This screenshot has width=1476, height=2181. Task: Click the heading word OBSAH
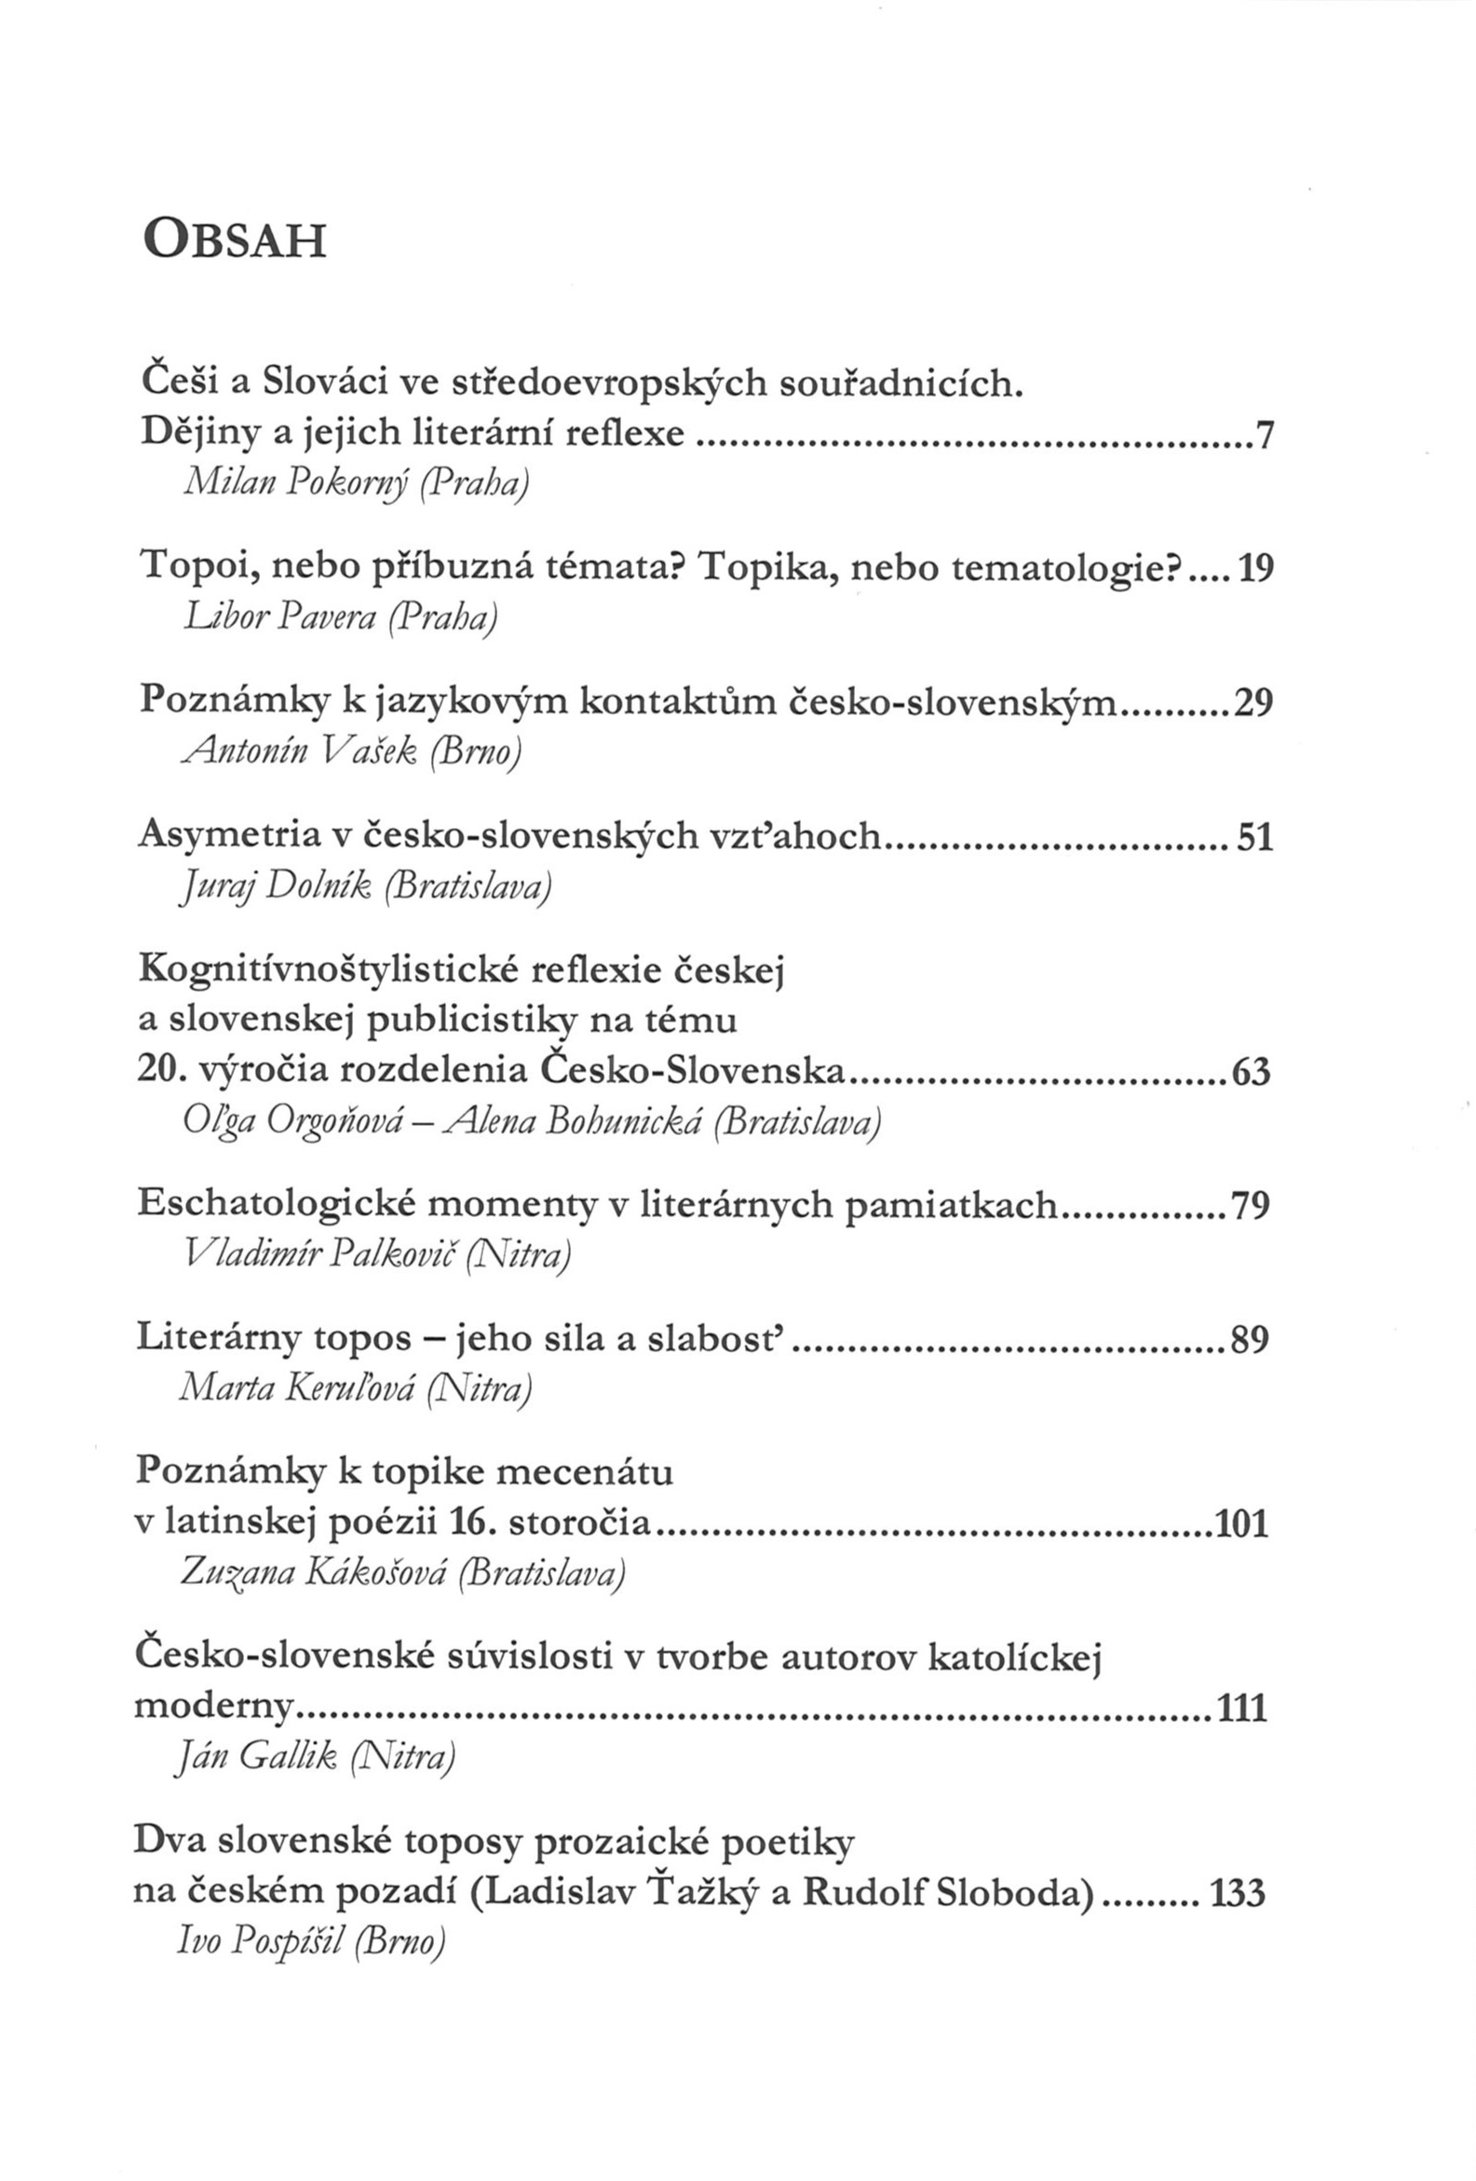pos(235,240)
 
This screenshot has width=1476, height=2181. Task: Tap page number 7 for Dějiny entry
pos(1263,436)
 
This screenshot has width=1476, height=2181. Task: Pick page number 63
pos(1251,1071)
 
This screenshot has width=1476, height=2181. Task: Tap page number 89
pos(1250,1339)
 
